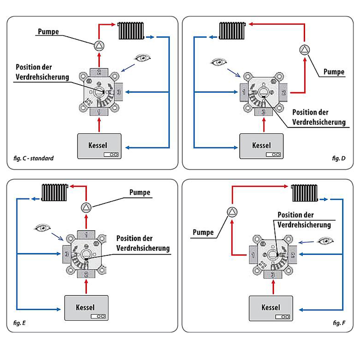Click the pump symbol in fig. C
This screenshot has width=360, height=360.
click(99, 45)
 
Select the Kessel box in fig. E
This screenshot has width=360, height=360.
click(86, 308)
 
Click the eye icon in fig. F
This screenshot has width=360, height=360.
click(325, 240)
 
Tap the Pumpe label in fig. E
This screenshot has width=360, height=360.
click(140, 192)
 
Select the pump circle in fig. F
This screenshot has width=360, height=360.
click(232, 212)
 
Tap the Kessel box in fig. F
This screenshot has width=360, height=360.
click(271, 308)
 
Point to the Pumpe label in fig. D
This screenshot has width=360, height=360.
click(334, 72)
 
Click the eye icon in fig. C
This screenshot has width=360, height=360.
click(143, 57)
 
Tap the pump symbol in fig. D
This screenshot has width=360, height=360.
click(305, 50)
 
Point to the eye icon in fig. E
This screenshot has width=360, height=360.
click(43, 228)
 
